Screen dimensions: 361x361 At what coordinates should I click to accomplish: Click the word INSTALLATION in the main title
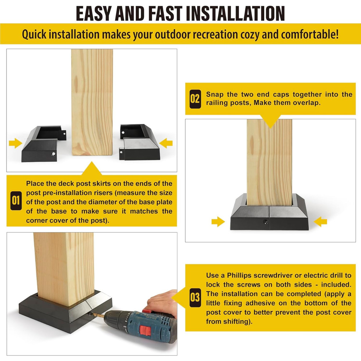click(x=235, y=14)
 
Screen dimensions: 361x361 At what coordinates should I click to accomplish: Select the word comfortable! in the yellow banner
click(x=310, y=34)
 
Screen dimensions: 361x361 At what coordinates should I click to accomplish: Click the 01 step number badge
click(x=16, y=201)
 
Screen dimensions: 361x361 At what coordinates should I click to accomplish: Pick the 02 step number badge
click(x=195, y=99)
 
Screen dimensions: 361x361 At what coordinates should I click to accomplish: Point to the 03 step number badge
click(x=195, y=298)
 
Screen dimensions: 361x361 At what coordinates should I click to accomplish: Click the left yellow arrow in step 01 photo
click(x=16, y=143)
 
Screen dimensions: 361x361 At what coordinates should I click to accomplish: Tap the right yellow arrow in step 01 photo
click(x=166, y=143)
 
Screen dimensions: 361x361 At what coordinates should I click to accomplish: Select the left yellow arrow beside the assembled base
click(x=218, y=222)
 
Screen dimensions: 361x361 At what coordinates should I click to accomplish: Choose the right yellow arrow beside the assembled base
click(x=320, y=222)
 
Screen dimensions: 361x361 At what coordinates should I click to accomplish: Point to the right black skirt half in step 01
click(x=139, y=142)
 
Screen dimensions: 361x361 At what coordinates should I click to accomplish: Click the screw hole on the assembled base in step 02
click(x=265, y=222)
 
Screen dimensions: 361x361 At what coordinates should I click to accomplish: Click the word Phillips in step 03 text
click(x=239, y=275)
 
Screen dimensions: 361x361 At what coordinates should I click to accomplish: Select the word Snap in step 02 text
click(x=215, y=95)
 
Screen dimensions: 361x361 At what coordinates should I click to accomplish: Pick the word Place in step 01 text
click(x=35, y=184)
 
